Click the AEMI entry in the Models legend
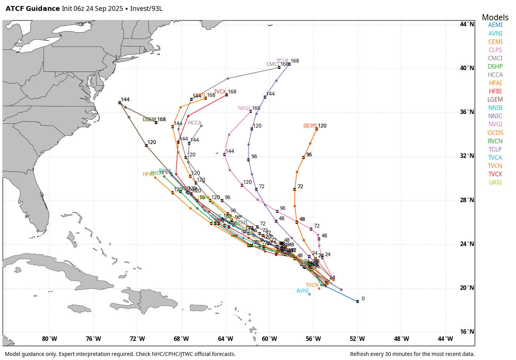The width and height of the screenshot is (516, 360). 495,25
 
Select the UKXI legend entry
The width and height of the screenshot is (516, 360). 495,183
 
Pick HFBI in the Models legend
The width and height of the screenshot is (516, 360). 495,91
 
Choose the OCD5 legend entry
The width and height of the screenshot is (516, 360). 495,133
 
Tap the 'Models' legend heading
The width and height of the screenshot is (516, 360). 495,18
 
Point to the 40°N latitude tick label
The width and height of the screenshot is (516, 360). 467,68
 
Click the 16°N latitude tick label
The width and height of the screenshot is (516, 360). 467,332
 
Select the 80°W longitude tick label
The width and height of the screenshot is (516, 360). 50,339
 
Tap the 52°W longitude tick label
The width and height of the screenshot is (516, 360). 357,339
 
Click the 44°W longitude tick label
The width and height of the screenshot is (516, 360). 445,339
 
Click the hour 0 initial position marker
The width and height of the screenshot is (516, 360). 358,301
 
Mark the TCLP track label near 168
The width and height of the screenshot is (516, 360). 282,61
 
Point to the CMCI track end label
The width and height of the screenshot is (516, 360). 272,64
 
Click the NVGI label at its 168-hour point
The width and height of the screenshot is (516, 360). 244,108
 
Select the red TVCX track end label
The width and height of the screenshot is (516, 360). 220,92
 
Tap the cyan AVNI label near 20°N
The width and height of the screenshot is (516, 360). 302,291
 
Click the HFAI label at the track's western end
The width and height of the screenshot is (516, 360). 148,174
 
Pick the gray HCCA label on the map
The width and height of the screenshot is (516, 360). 194,123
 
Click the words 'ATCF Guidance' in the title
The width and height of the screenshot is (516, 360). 33,9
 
